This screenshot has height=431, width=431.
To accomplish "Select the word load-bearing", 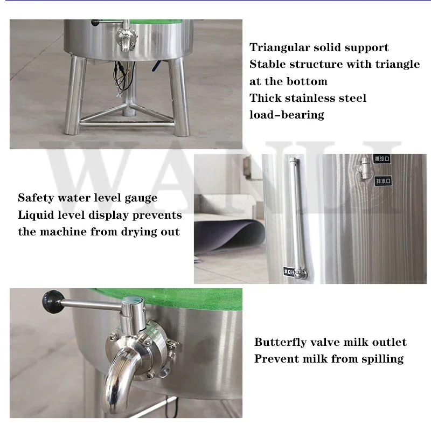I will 287,114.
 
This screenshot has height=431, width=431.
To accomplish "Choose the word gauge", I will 140,198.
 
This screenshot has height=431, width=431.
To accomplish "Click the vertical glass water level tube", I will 295,215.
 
